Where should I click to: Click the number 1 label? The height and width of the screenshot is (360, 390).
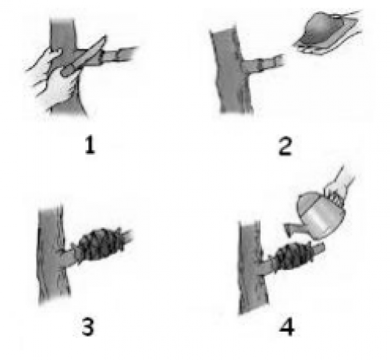pyautogui.click(x=90, y=145)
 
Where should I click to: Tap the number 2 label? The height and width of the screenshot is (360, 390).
pyautogui.click(x=285, y=147)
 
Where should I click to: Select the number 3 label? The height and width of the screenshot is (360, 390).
pyautogui.click(x=87, y=327)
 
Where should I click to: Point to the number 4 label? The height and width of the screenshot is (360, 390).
pyautogui.click(x=287, y=327)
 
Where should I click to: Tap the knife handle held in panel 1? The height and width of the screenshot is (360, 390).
pyautogui.click(x=68, y=70)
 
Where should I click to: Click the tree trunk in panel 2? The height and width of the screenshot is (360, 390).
pyautogui.click(x=232, y=72)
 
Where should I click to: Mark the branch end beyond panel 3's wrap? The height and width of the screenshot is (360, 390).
pyautogui.click(x=127, y=236)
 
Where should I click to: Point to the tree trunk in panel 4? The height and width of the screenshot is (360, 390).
pyautogui.click(x=252, y=267)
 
